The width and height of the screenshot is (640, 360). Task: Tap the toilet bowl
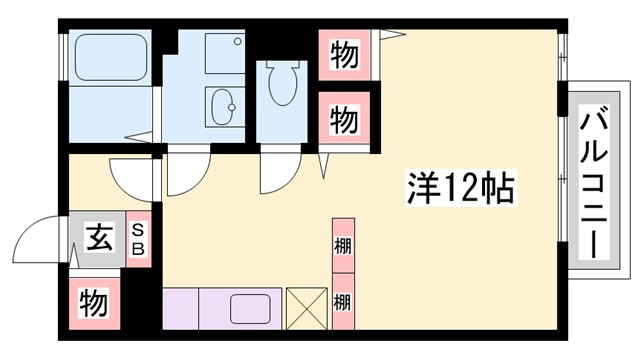(285, 82)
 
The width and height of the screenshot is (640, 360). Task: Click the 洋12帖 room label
(461, 186)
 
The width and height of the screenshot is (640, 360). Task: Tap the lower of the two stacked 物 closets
(343, 119)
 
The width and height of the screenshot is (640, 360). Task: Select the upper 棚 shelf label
(342, 245)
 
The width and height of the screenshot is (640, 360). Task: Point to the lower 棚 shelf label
(342, 301)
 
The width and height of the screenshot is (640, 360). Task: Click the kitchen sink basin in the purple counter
(251, 307)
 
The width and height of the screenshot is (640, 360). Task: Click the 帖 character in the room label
(496, 187)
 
